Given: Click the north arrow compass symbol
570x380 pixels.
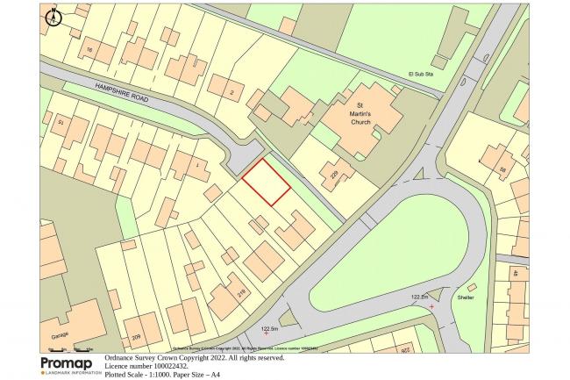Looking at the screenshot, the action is click(52, 16).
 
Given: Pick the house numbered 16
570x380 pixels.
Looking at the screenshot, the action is click(89, 50).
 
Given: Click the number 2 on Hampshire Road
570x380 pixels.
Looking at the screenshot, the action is click(232, 92).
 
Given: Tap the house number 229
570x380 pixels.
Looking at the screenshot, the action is click(334, 174).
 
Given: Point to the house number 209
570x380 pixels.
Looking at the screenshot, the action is click(136, 337).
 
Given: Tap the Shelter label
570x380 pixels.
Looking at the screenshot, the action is click(465, 298).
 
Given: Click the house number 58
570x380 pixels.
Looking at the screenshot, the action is click(503, 169).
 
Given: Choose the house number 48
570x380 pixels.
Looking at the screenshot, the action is click(516, 273).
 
